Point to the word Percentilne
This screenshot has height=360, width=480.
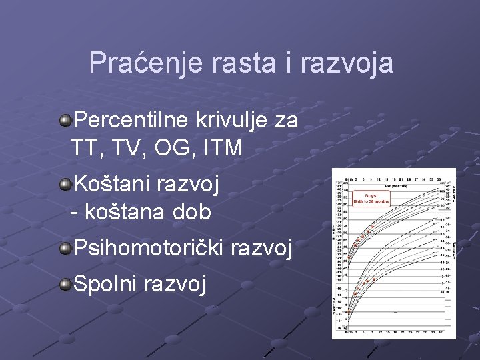(x=133, y=121)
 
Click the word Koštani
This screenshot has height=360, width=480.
(x=111, y=183)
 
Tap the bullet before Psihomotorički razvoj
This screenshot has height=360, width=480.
(x=65, y=249)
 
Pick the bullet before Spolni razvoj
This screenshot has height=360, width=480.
(x=65, y=285)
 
